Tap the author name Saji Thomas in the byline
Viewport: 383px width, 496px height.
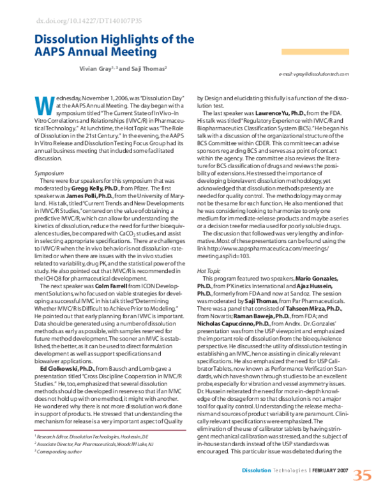point(149,68)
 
